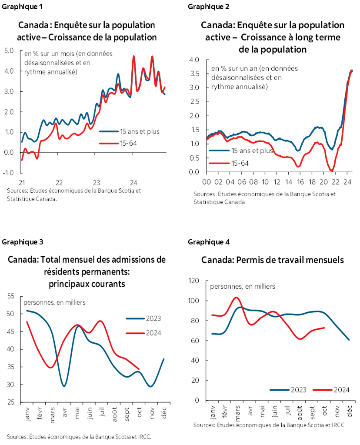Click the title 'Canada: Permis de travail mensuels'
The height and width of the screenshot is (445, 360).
click(273, 260)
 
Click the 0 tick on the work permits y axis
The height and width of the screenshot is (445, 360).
click(197, 401)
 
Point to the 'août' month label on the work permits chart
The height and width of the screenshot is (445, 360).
click(300, 411)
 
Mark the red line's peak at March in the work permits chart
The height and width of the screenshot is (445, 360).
click(236, 298)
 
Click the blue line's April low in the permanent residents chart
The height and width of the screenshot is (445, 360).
click(64, 386)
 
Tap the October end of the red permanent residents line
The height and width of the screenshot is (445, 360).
click(139, 369)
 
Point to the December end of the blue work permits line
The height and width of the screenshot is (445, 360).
click(349, 340)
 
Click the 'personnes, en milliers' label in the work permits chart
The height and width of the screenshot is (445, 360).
click(242, 287)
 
